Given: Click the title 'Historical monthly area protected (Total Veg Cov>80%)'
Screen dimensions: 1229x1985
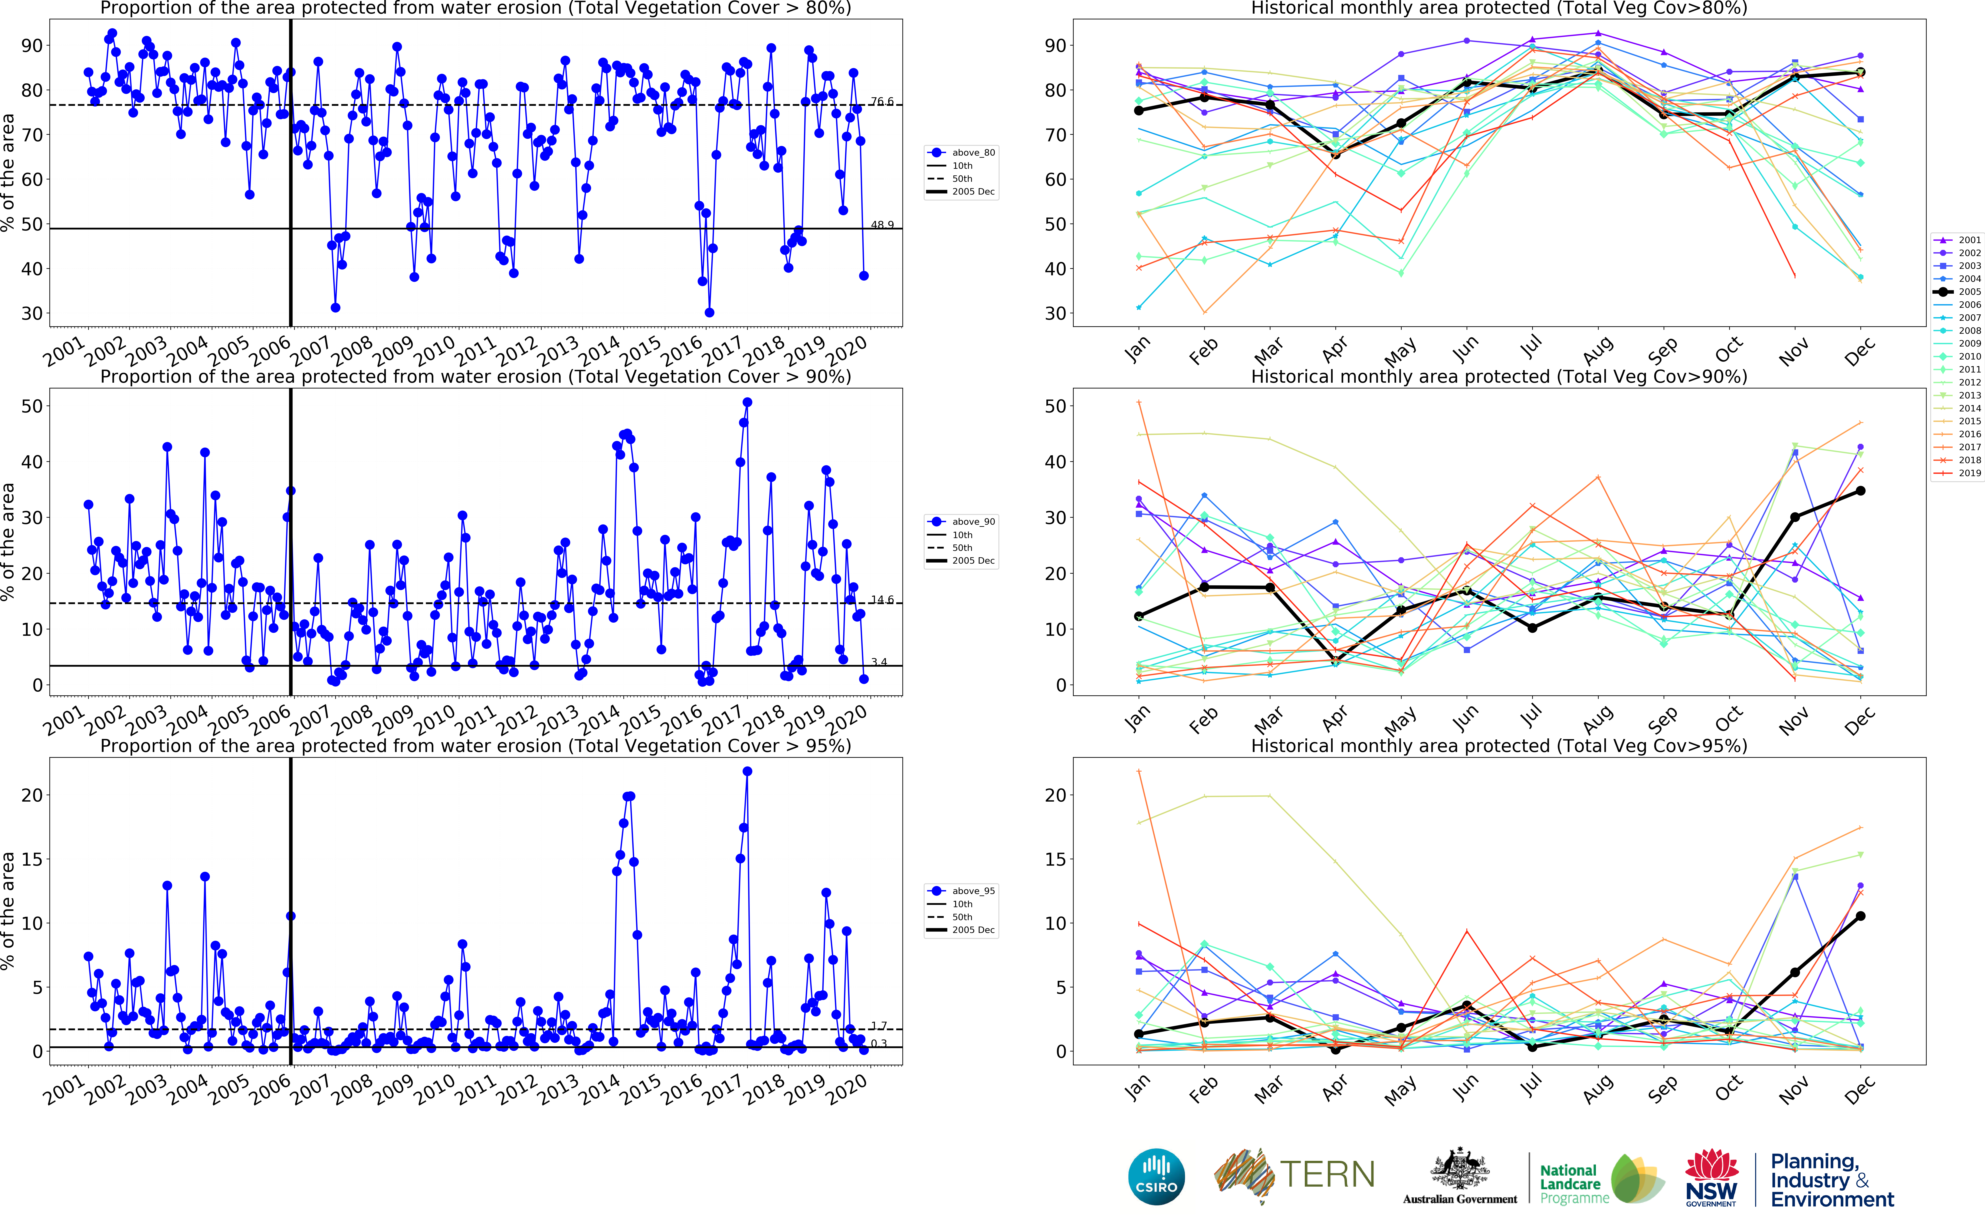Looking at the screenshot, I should coord(1499,8).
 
